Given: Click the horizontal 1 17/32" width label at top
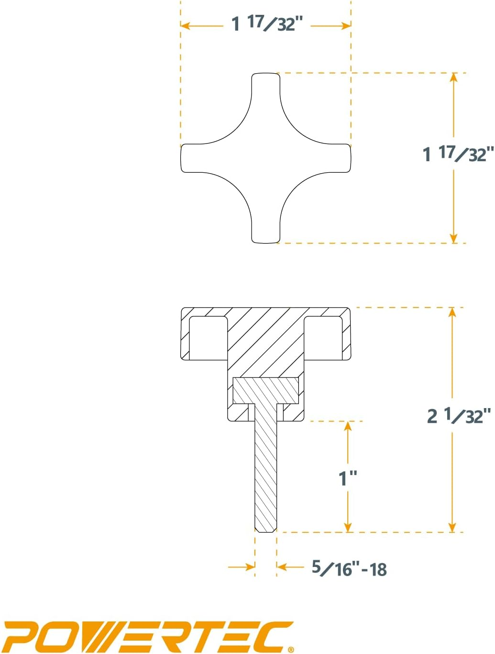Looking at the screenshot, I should [x=267, y=23].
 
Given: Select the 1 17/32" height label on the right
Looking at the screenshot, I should [x=457, y=154].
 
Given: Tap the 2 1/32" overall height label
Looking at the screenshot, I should [x=459, y=415].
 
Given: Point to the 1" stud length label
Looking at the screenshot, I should [x=348, y=478].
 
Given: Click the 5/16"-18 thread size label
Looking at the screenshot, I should [x=349, y=568].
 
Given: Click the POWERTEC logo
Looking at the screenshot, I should [x=148, y=636].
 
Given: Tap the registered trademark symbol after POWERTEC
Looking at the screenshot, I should [x=291, y=649].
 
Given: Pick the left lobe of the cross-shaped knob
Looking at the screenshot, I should [x=196, y=158].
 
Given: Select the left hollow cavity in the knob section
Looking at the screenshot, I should [x=208, y=338].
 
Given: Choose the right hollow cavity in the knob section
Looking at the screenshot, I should [x=323, y=338].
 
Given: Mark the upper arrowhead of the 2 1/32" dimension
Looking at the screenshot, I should [x=452, y=312].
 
